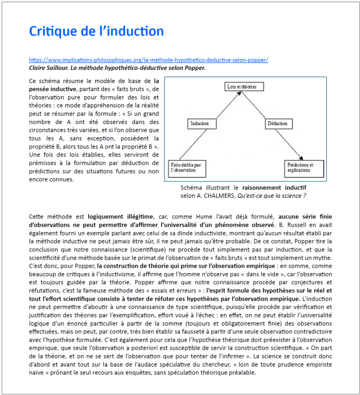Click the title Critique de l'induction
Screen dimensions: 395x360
click(96, 31)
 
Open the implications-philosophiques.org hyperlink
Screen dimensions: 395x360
click(148, 60)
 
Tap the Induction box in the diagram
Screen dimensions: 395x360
click(199, 123)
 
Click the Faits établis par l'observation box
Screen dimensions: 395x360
click(186, 166)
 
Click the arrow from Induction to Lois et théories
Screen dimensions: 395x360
click(221, 105)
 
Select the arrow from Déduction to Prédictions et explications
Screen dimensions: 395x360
click(292, 145)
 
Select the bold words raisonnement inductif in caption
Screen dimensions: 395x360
click(275, 187)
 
